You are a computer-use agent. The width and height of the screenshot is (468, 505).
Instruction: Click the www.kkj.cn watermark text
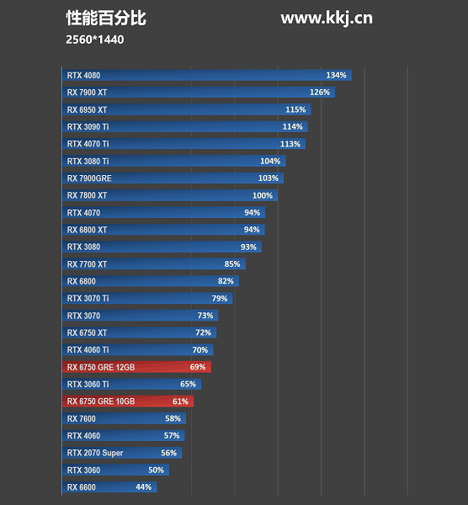click(326, 19)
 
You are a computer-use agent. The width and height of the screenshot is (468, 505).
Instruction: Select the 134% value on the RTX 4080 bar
click(336, 75)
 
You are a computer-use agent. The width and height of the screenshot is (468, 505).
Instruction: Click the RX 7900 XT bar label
click(87, 93)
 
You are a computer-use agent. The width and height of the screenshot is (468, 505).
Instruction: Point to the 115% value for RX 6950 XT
click(295, 109)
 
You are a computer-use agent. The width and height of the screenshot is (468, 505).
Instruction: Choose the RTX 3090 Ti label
click(88, 127)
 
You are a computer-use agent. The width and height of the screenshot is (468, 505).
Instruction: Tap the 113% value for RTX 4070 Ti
click(290, 144)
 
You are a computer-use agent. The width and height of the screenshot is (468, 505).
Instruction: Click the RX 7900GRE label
click(89, 178)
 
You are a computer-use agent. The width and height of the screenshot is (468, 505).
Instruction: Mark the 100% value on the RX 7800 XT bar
click(263, 195)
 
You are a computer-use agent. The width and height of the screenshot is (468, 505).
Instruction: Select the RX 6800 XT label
click(87, 230)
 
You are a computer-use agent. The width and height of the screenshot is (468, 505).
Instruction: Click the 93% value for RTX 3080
click(248, 247)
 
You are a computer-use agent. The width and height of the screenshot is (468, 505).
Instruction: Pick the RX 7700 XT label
click(87, 264)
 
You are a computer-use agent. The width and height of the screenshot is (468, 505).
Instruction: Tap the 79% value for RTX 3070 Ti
click(220, 298)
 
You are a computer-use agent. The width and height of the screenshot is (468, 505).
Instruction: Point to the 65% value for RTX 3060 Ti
click(188, 384)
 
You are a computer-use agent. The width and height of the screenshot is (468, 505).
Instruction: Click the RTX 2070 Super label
click(95, 453)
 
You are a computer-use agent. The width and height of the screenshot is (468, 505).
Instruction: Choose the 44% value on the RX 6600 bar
click(143, 487)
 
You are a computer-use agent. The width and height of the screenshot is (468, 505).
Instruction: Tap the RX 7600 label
click(82, 418)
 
